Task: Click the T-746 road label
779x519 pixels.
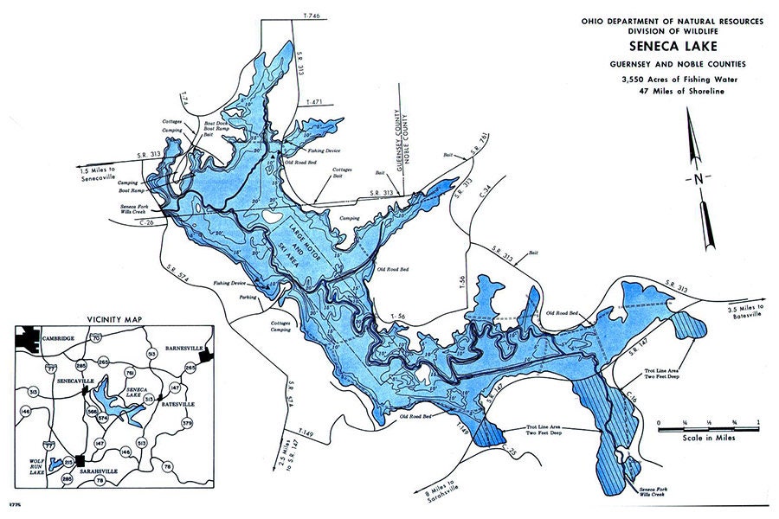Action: coord(311,16)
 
